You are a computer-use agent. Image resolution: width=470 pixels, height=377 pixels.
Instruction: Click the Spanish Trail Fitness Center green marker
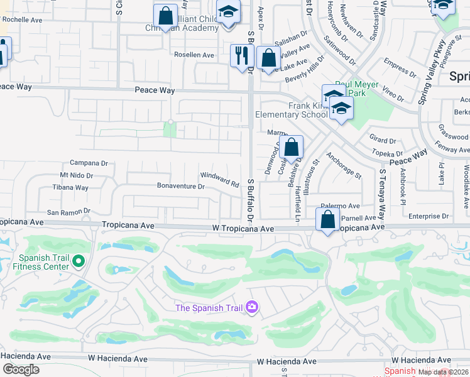point(79,260)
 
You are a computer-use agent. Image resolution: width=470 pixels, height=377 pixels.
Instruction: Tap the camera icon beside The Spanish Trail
point(252,307)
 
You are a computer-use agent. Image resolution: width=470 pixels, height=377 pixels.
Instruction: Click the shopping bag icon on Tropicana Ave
point(328,220)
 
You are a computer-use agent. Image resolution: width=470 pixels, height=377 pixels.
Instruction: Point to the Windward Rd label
point(220,180)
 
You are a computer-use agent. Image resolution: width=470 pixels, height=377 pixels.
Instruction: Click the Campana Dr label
point(89,163)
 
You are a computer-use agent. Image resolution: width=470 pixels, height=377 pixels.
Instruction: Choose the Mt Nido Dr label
point(76,175)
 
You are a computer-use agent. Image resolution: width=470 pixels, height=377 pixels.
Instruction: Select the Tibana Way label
point(70,187)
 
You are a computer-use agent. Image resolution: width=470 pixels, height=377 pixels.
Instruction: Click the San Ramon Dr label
point(73,212)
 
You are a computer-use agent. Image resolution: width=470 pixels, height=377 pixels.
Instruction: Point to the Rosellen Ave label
point(194,55)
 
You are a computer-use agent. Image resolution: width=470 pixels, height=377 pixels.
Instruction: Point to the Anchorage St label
point(344,165)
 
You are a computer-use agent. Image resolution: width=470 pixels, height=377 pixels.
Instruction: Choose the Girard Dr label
point(383,141)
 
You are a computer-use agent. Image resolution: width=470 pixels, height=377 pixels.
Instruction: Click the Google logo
point(21,369)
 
